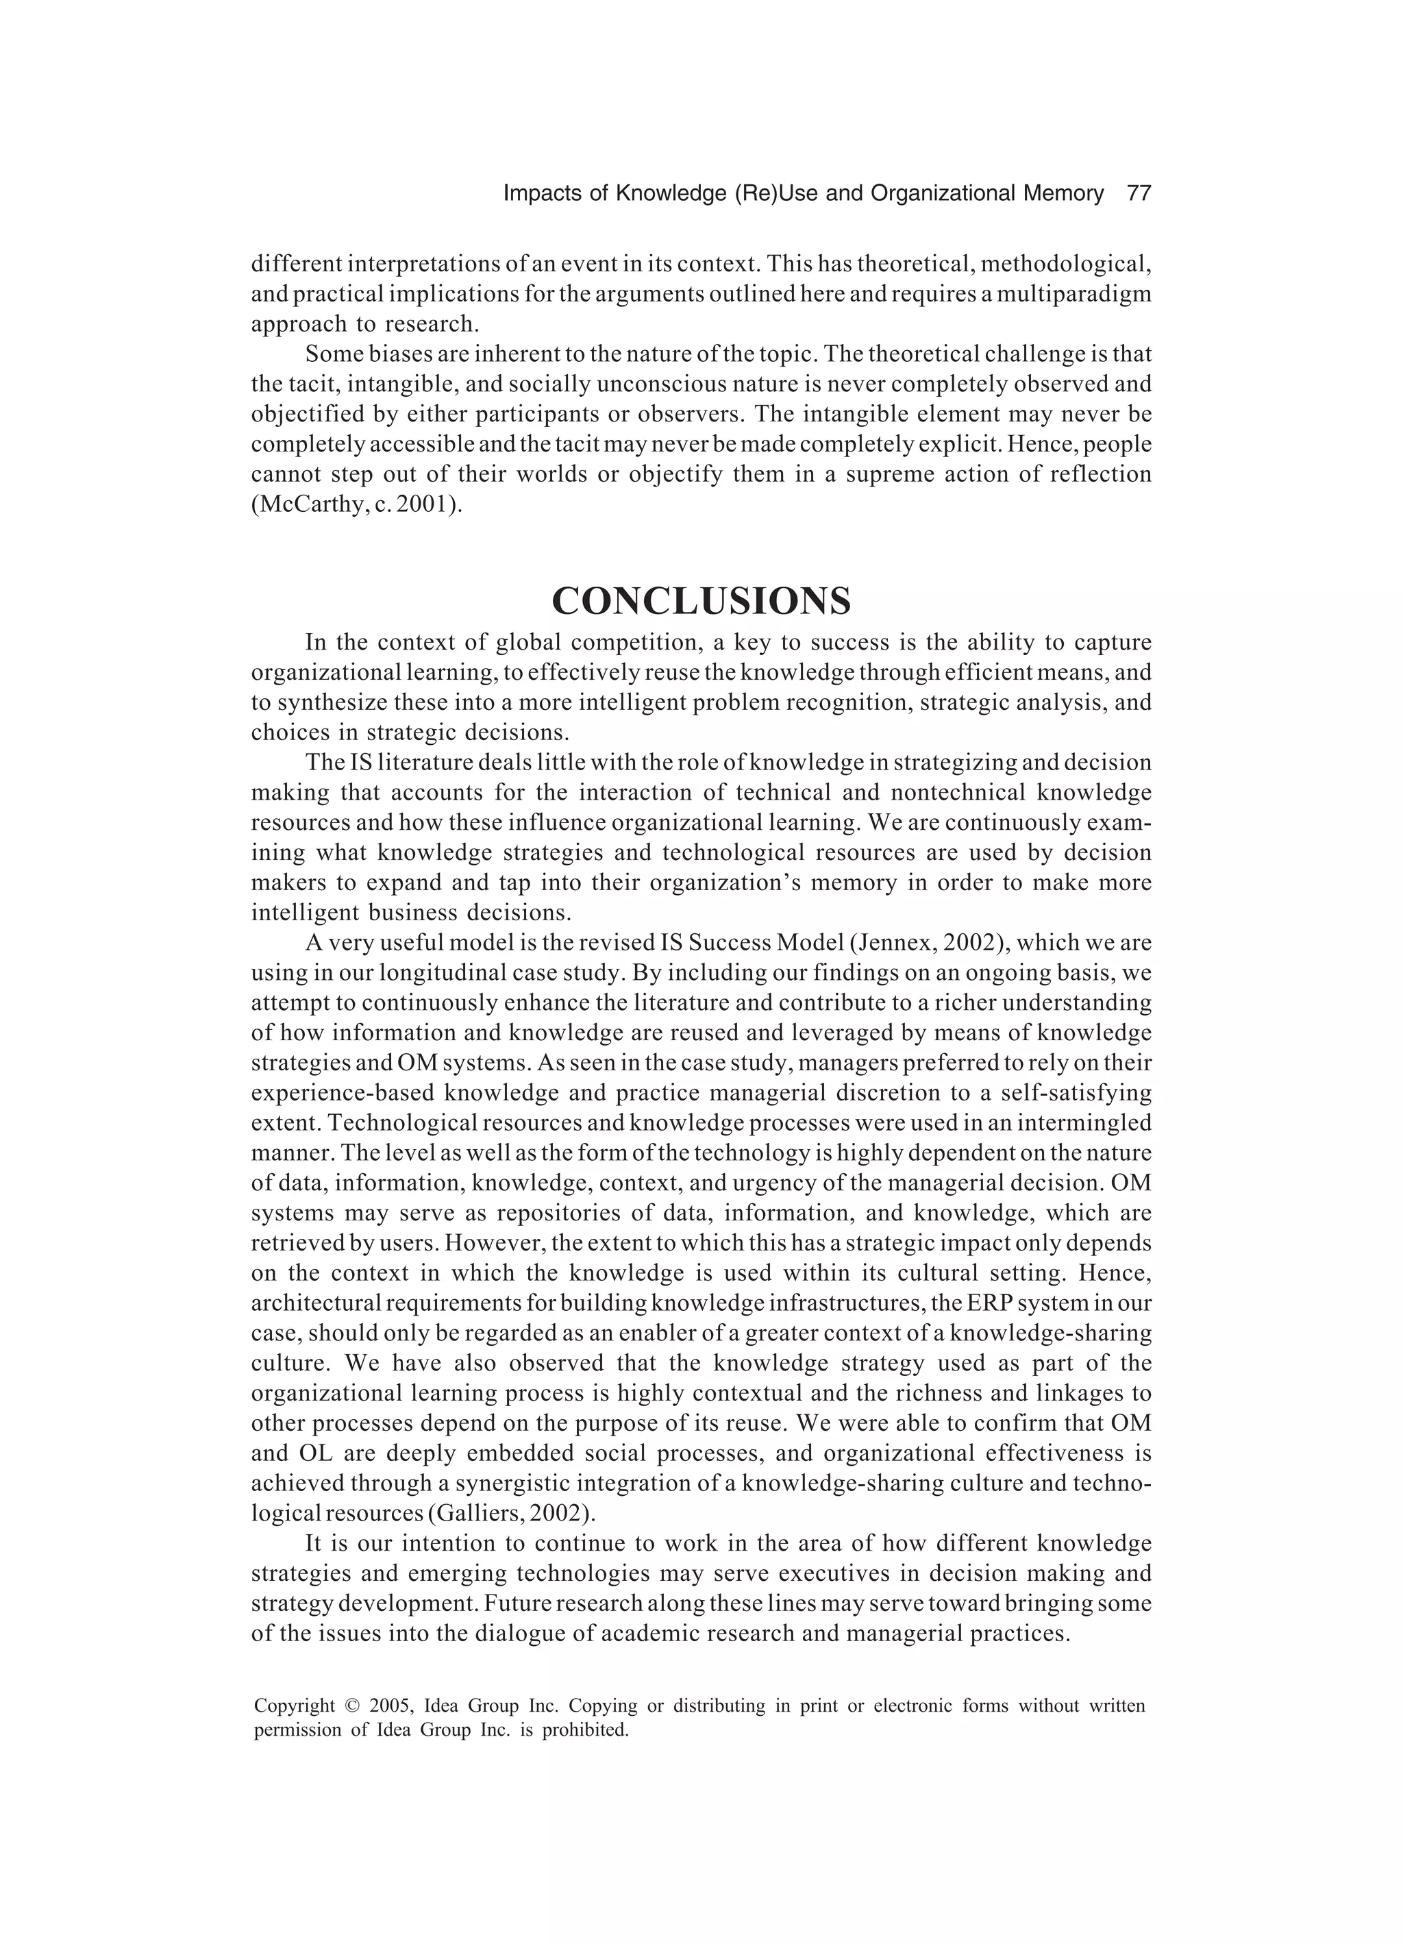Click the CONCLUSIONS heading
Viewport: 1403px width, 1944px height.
701,601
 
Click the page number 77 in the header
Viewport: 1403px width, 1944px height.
1138,194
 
